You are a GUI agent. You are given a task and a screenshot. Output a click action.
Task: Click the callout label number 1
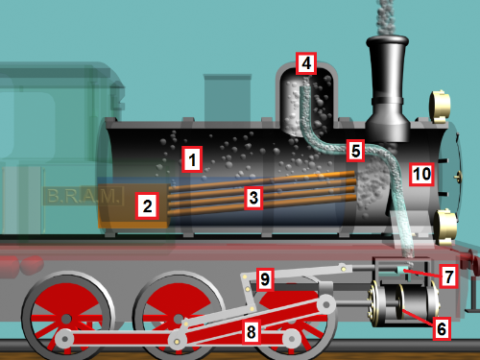[x=192, y=159]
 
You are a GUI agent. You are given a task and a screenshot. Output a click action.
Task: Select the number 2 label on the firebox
[x=147, y=205]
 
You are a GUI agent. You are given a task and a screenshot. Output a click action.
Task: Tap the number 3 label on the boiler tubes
[x=253, y=198]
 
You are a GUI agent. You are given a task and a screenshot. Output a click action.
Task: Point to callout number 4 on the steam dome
[x=306, y=63]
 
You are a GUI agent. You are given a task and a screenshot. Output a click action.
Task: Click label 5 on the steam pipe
[x=355, y=151]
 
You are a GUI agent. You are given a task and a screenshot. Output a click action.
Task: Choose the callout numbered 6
[x=442, y=328]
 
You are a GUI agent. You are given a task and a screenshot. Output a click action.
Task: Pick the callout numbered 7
[x=448, y=276]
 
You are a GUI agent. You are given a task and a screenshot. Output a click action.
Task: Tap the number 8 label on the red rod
[x=252, y=332]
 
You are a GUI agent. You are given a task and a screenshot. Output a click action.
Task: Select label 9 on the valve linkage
[x=265, y=279]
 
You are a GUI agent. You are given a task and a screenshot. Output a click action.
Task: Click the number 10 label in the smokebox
[x=422, y=175]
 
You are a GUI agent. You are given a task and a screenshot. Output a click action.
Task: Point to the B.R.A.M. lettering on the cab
[x=84, y=196]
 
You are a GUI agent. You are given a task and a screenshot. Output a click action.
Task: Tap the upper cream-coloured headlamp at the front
[x=440, y=107]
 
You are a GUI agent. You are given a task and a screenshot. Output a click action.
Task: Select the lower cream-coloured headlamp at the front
[x=444, y=227]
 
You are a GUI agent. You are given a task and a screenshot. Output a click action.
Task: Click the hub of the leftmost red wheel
[x=66, y=319]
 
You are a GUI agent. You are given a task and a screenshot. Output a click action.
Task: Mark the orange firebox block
[x=133, y=206]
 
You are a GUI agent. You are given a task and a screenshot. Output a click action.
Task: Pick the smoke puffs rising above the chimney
[x=385, y=16]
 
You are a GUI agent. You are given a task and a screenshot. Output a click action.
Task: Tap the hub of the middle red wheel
[x=179, y=319]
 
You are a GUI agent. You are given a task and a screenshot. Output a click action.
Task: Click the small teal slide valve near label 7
[x=402, y=271]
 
